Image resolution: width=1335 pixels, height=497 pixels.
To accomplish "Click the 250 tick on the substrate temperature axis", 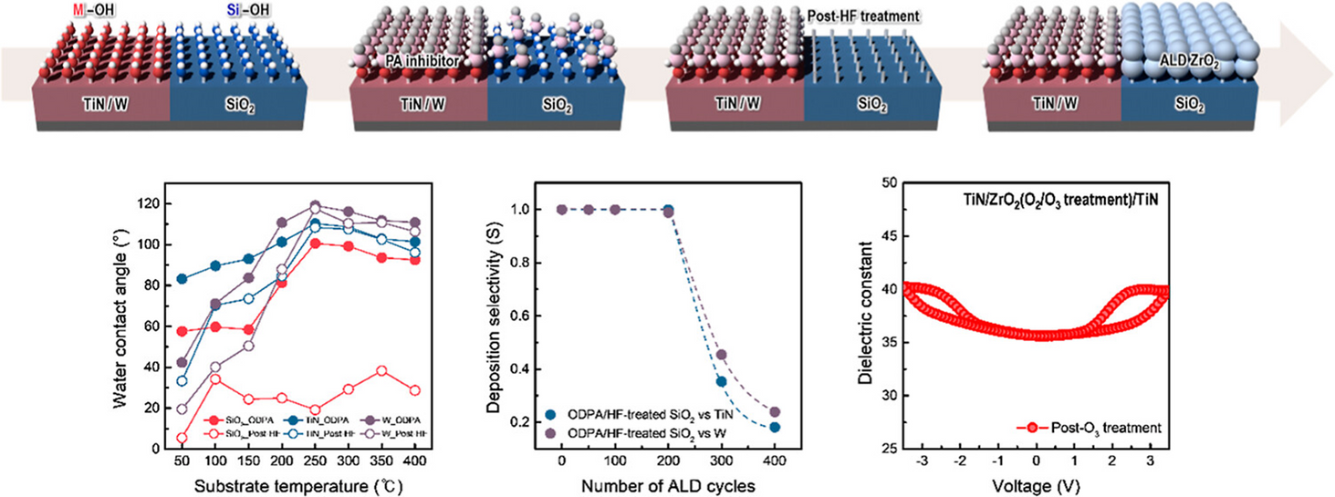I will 315,461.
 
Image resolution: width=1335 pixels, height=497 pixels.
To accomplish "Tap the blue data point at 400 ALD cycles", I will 774,427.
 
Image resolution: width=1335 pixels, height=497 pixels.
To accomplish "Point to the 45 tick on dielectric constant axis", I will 879,235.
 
